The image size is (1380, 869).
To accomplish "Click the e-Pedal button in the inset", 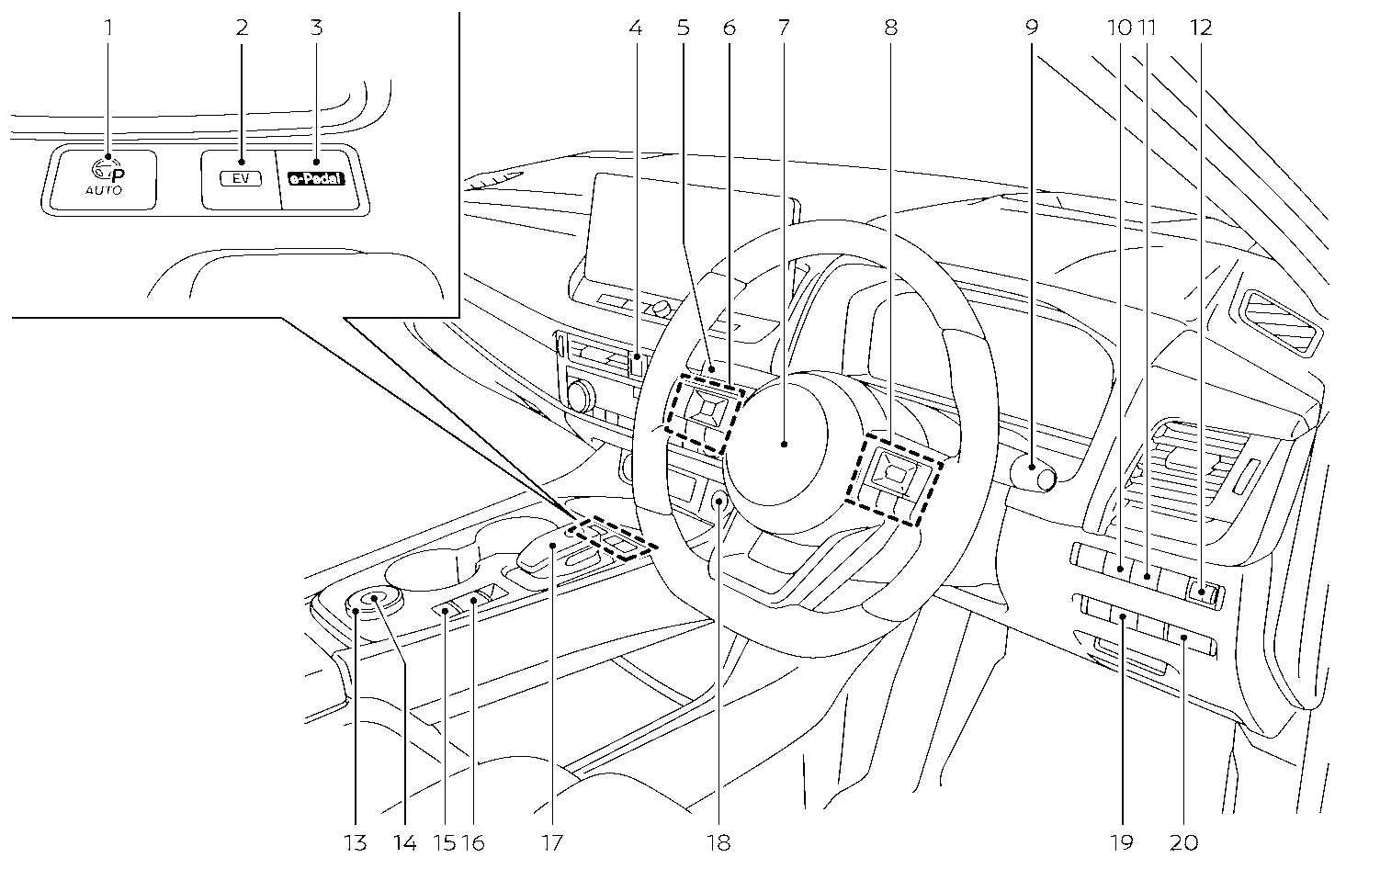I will click(315, 180).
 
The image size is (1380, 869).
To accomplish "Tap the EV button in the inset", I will click(241, 179).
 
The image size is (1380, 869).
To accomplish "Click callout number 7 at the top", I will click(783, 28).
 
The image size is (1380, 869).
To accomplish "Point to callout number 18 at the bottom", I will click(720, 841).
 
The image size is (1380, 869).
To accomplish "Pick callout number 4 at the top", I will click(635, 28).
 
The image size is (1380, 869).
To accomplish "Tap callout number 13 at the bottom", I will click(356, 841).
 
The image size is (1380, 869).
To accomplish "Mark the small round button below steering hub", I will click(718, 501).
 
